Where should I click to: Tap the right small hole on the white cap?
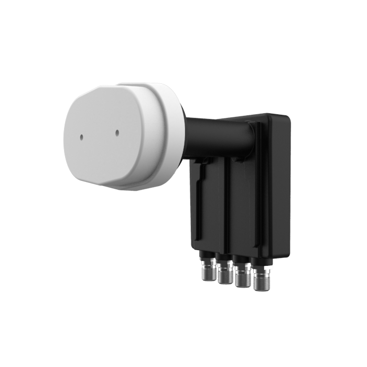(x=117, y=132)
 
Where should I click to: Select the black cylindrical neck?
(x=210, y=131)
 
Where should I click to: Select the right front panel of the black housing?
(x=244, y=210)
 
